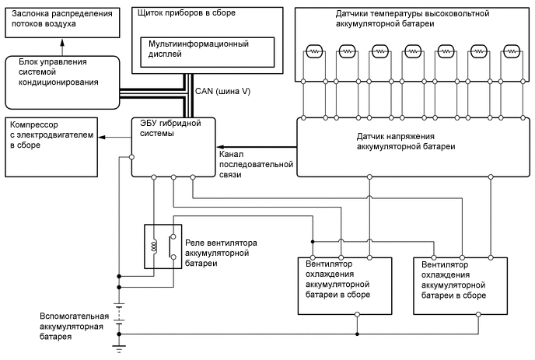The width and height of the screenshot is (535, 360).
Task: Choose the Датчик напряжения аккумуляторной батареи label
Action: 406,141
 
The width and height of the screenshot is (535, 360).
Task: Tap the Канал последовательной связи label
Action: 249,164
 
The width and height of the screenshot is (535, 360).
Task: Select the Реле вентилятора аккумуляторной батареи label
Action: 220,253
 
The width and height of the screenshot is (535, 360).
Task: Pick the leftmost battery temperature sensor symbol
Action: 315,51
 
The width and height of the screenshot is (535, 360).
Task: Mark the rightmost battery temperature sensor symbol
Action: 511,51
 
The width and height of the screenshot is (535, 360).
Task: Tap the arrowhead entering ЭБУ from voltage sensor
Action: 220,147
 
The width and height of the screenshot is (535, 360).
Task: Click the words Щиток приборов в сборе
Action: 180,14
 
